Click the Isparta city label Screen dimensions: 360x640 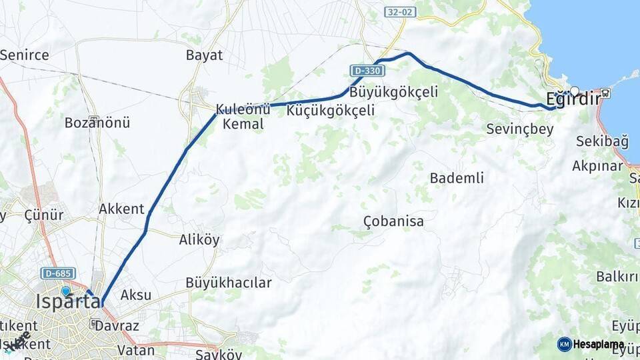(68, 301)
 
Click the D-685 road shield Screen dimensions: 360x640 (58, 273)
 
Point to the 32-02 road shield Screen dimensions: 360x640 (400, 12)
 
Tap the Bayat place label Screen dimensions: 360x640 (204, 55)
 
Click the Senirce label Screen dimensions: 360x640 (25, 55)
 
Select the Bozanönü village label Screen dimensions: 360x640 (97, 123)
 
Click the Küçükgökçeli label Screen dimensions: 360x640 (330, 111)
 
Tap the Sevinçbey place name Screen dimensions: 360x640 (520, 129)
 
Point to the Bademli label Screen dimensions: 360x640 (457, 178)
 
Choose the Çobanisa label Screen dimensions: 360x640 (393, 221)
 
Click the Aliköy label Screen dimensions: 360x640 (199, 241)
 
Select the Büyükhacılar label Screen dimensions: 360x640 (229, 283)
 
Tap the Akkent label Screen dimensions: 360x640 (121, 209)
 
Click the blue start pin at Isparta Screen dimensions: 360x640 (65, 291)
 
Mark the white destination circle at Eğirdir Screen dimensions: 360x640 (574, 91)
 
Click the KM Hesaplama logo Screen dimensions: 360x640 (590, 344)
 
